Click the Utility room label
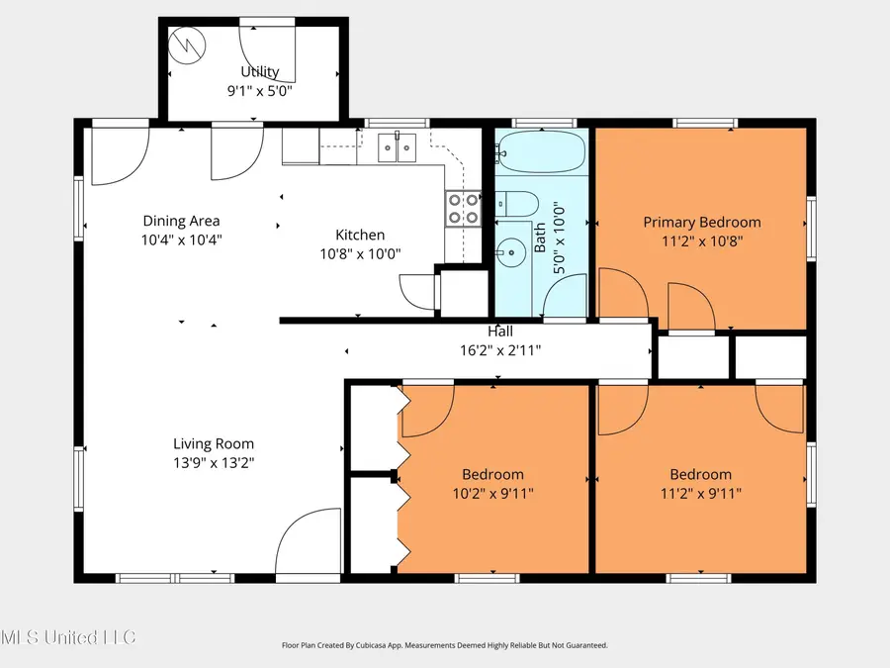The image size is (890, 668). (260, 71)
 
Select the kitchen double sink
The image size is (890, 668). (398, 147)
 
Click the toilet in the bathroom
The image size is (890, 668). (516, 205)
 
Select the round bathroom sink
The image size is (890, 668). (511, 252)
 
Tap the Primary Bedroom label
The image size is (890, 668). (702, 223)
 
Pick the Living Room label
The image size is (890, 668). (214, 444)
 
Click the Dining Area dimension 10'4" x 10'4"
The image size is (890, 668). (181, 239)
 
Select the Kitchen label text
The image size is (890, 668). (360, 235)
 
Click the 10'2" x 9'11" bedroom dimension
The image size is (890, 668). (492, 492)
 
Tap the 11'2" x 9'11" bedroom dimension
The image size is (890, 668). (700, 492)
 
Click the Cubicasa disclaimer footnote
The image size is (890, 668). (444, 645)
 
